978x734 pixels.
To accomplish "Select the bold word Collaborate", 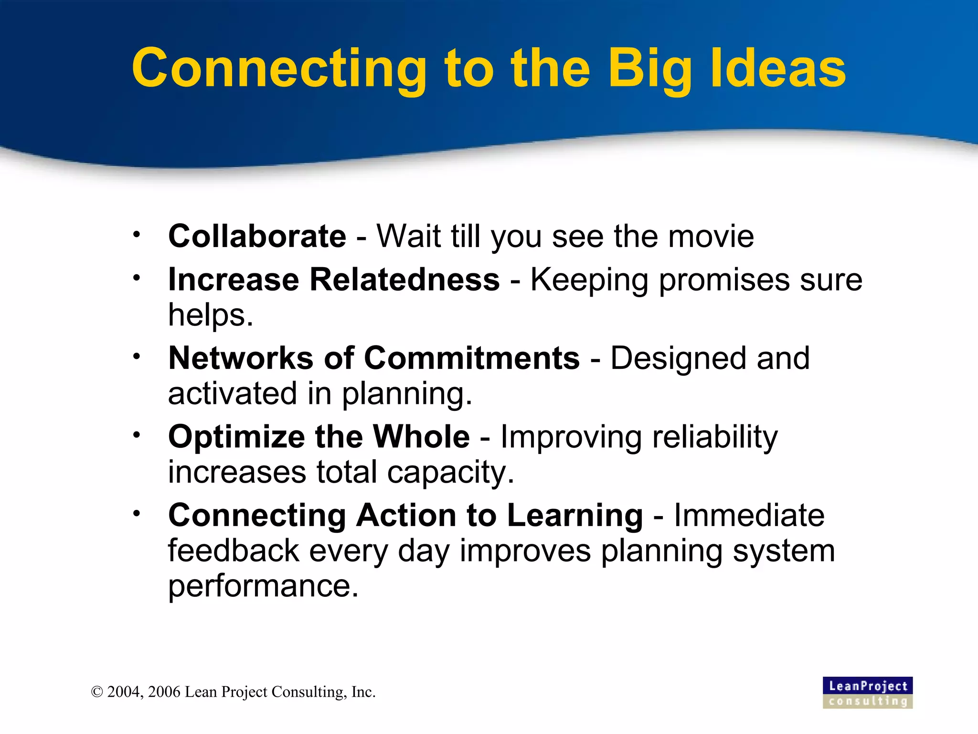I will click(257, 236).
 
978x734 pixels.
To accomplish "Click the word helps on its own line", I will click(210, 315).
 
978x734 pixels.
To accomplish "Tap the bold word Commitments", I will click(472, 358).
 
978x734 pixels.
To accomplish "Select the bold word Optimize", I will click(236, 437).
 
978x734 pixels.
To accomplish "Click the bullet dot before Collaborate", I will click(137, 235).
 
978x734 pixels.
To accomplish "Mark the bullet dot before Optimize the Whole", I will click(137, 435).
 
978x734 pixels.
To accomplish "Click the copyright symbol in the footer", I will click(97, 692).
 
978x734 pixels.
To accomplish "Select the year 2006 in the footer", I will click(164, 692).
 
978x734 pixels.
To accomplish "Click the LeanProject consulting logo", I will click(867, 692).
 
